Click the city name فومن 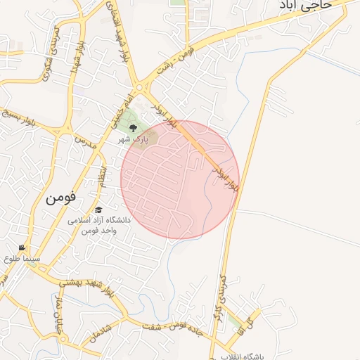(60, 198)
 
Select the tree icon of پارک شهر (133, 127)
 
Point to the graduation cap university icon (98, 210)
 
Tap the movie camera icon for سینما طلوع (23, 247)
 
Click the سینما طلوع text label (22, 259)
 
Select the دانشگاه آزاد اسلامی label (98, 220)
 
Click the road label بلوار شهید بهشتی (88, 285)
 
